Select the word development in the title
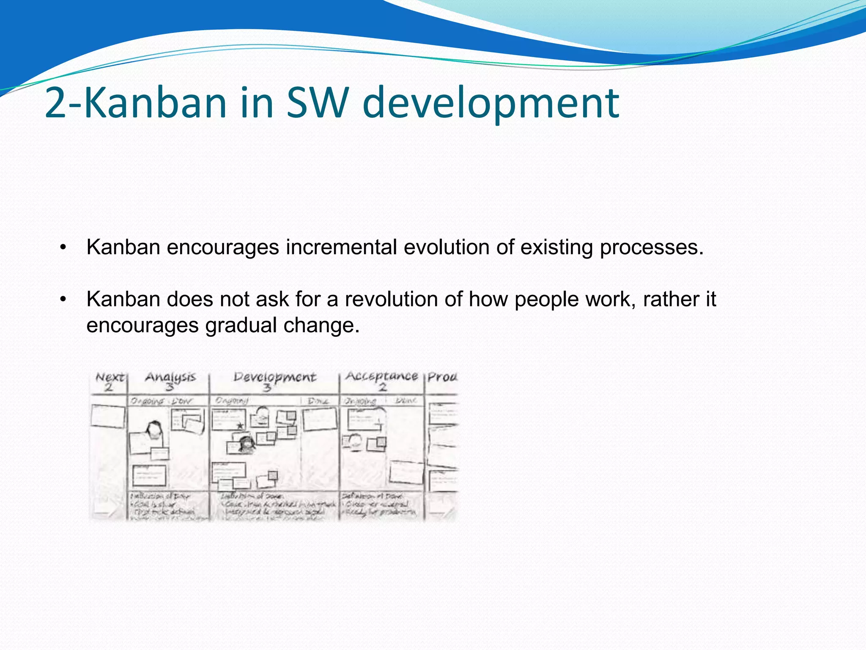[x=491, y=103]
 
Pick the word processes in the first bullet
[x=651, y=247]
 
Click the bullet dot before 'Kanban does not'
[x=63, y=299]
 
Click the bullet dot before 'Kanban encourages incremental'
[x=63, y=247]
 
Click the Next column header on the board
[x=110, y=377]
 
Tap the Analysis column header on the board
[x=170, y=377]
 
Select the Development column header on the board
[x=275, y=377]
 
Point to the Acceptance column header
[x=381, y=376]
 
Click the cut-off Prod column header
[x=442, y=377]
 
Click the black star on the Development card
[x=240, y=425]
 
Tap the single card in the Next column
[x=108, y=416]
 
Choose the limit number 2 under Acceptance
[x=382, y=387]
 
